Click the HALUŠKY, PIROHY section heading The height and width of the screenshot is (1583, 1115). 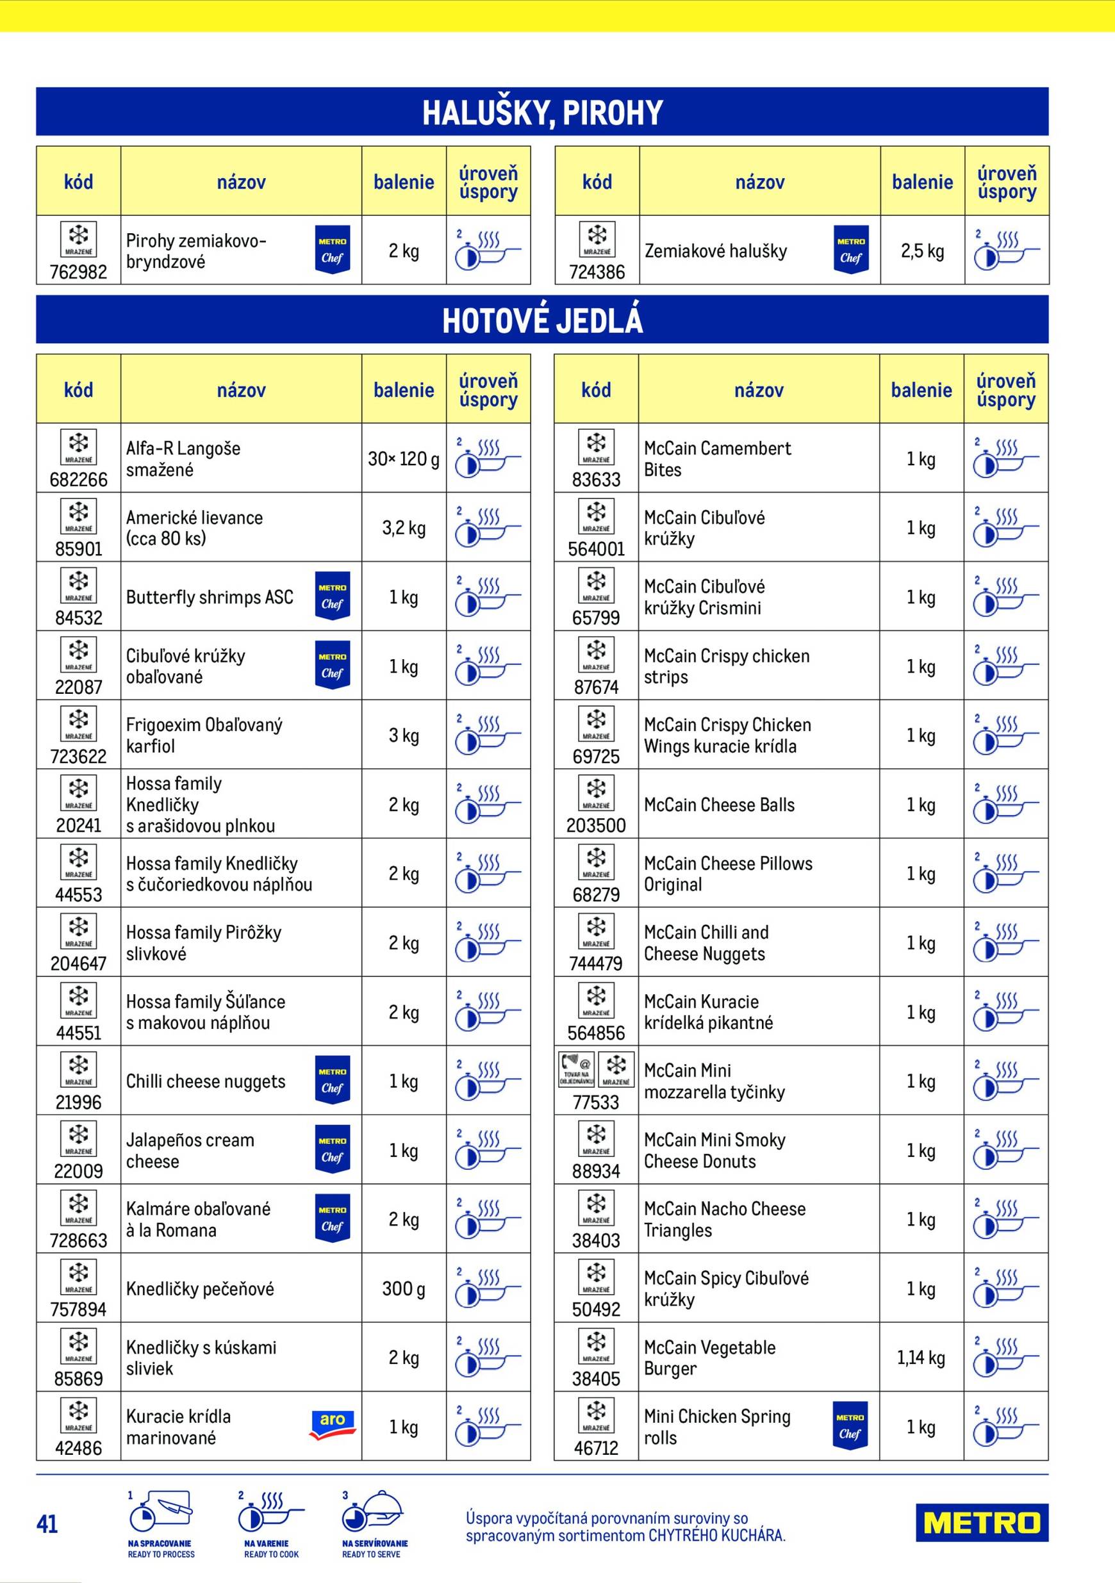coord(542,112)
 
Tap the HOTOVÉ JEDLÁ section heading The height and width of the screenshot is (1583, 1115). coord(542,320)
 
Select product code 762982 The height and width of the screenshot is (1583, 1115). coord(79,272)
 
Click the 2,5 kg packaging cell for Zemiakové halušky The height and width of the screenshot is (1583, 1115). coord(922,251)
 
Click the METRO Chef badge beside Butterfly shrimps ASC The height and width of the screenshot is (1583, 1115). coord(333,596)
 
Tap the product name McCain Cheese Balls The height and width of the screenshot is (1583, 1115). coord(718,805)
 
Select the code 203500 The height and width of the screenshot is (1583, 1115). coord(596,825)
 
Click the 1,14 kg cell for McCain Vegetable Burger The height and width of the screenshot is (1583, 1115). coord(921,1357)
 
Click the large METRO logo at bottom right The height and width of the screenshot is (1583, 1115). coord(981,1522)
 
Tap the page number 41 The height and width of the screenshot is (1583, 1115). coord(47,1523)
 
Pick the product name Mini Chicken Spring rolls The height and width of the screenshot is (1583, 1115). coord(717,1427)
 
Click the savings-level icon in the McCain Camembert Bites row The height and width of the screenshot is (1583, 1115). coord(1005,459)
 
